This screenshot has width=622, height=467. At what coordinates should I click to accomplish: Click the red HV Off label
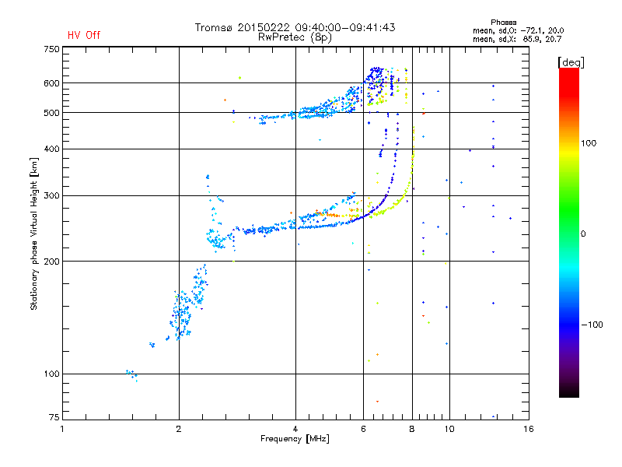pos(84,35)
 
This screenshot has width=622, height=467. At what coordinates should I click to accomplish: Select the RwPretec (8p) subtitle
pos(295,37)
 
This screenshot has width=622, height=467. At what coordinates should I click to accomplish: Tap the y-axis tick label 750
pos(51,49)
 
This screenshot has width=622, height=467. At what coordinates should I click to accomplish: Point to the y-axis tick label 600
pos(51,83)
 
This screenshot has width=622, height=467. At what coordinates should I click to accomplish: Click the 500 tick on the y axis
pos(51,113)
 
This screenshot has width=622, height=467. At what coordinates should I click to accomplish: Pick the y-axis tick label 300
pos(51,196)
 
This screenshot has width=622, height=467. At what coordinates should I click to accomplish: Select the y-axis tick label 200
pos(51,262)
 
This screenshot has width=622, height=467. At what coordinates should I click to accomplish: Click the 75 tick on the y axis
pos(54,417)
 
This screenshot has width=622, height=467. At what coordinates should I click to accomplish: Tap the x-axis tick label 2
pos(179,429)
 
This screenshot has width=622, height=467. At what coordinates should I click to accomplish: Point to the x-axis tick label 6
pos(363,429)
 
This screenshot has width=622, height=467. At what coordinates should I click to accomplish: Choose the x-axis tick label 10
pos(449,429)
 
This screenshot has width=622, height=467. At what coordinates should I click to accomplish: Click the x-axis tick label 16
pos(529,429)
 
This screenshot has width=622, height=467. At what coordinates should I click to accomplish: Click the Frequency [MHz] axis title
pos(295,439)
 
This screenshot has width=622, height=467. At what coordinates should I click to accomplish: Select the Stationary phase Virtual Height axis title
pos(34,233)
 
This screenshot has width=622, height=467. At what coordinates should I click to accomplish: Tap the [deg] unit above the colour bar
pos(571,62)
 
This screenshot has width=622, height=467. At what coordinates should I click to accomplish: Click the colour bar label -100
pos(592,325)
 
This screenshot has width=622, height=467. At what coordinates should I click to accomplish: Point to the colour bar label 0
pos(583,234)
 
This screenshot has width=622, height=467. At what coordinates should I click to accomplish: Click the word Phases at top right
pos(503,23)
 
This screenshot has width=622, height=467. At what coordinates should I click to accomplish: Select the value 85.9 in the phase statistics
pos(531,40)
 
